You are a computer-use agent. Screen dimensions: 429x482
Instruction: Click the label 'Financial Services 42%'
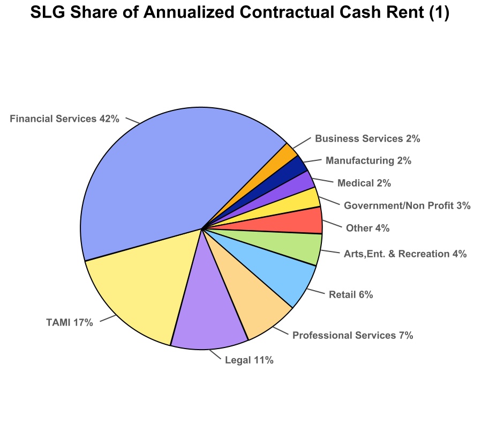[64, 119]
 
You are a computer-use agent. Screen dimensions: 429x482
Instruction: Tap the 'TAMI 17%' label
[70, 323]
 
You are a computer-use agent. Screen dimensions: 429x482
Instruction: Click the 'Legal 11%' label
[250, 360]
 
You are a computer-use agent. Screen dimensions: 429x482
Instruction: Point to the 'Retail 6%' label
[351, 294]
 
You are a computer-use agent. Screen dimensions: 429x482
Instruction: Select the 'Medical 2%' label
[364, 183]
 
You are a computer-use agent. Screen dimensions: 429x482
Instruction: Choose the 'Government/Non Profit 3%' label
[407, 205]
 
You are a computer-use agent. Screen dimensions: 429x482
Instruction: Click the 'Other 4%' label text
[367, 228]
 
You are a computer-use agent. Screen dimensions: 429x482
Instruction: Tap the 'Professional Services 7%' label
[352, 336]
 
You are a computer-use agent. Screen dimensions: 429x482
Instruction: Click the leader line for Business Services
[303, 142]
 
